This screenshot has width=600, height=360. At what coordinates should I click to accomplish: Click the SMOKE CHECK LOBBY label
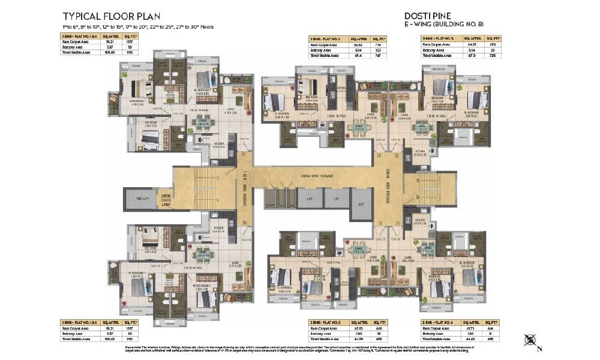pyautogui.click(x=165, y=200)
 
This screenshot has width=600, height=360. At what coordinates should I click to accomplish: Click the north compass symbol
pyautogui.click(x=529, y=340)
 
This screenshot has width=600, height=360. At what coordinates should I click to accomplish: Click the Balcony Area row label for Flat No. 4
pyautogui.click(x=434, y=334)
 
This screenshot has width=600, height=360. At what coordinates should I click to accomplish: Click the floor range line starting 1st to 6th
pyautogui.click(x=137, y=27)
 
